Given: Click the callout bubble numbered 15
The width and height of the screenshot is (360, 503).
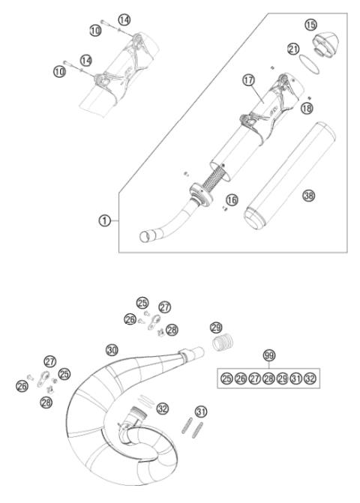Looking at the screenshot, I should (311, 25).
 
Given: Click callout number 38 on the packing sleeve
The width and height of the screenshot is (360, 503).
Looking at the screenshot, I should (307, 195).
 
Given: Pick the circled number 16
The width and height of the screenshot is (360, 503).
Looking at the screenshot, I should (232, 199).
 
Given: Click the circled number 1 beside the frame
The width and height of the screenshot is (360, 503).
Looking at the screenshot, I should (105, 221).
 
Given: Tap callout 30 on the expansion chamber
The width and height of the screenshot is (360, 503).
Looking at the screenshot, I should (112, 349).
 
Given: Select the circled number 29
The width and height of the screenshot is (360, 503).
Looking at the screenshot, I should (216, 328).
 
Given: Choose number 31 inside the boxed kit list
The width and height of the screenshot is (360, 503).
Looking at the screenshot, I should (296, 379).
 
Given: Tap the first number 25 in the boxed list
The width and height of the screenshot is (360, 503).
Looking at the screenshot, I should (226, 379).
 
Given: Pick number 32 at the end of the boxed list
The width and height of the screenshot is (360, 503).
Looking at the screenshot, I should (310, 379).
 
